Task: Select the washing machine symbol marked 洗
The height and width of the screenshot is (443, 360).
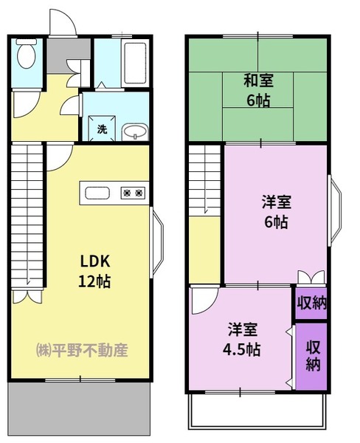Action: [x=101, y=129]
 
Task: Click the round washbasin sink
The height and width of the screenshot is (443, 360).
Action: [x=134, y=131]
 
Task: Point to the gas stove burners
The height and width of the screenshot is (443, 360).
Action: [x=133, y=193]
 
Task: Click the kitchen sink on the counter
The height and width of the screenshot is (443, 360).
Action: [x=97, y=193]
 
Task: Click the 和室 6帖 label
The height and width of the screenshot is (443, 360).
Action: [x=257, y=91]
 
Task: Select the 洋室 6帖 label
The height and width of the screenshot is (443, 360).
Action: [x=275, y=210]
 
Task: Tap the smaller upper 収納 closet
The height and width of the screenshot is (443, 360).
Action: [x=311, y=303]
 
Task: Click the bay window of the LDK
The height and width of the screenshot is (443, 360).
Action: [x=157, y=244]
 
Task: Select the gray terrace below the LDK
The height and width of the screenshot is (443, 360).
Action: [x=80, y=408]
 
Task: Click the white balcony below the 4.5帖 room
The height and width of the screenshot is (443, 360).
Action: [x=257, y=411]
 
